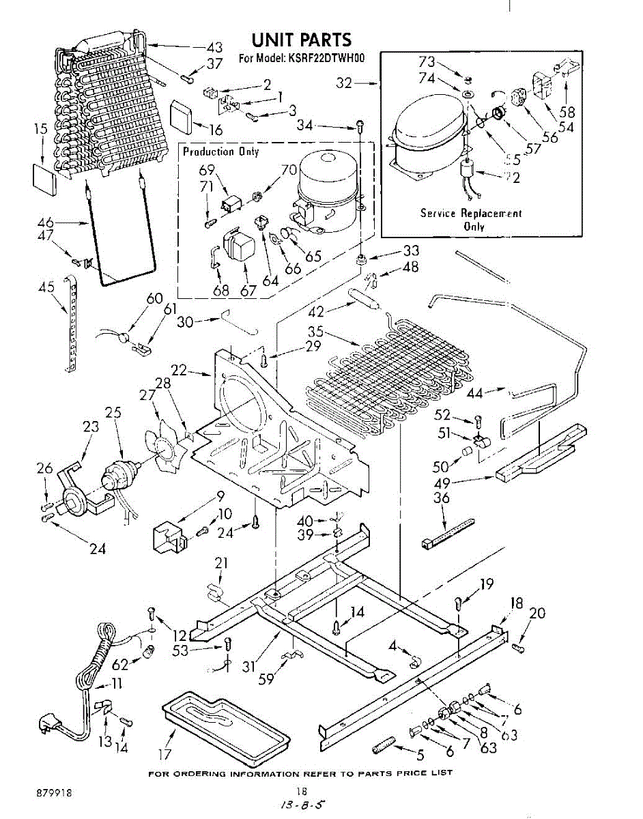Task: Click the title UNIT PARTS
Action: point(301,40)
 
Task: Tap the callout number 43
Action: point(214,48)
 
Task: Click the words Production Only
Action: point(220,152)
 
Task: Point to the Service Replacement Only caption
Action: point(470,220)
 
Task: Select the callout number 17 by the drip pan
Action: point(165,755)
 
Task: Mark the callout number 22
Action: point(179,370)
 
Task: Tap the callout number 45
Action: point(46,287)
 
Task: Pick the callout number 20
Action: point(537,613)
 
